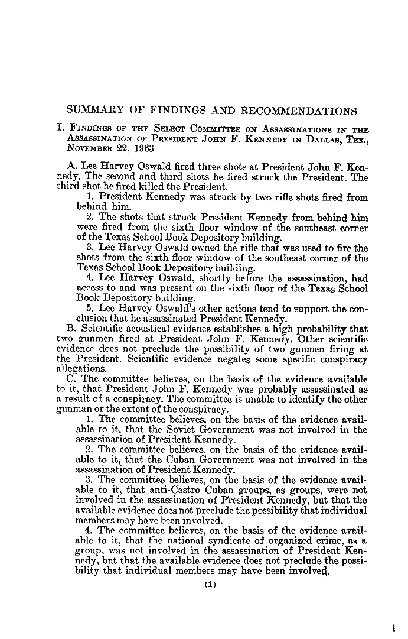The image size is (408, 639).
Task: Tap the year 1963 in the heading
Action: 143,148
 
